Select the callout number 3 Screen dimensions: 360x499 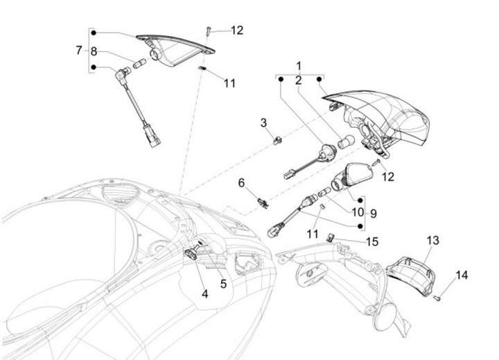coord(263,123)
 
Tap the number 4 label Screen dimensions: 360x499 coord(205,293)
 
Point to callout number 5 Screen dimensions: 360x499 coord(223,283)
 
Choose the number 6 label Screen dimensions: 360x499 coord(241,183)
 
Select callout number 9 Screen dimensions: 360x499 coord(372,213)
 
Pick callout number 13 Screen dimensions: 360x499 coord(432,240)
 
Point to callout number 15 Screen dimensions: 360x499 coord(373,241)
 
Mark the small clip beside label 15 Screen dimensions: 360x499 coord(331,237)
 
